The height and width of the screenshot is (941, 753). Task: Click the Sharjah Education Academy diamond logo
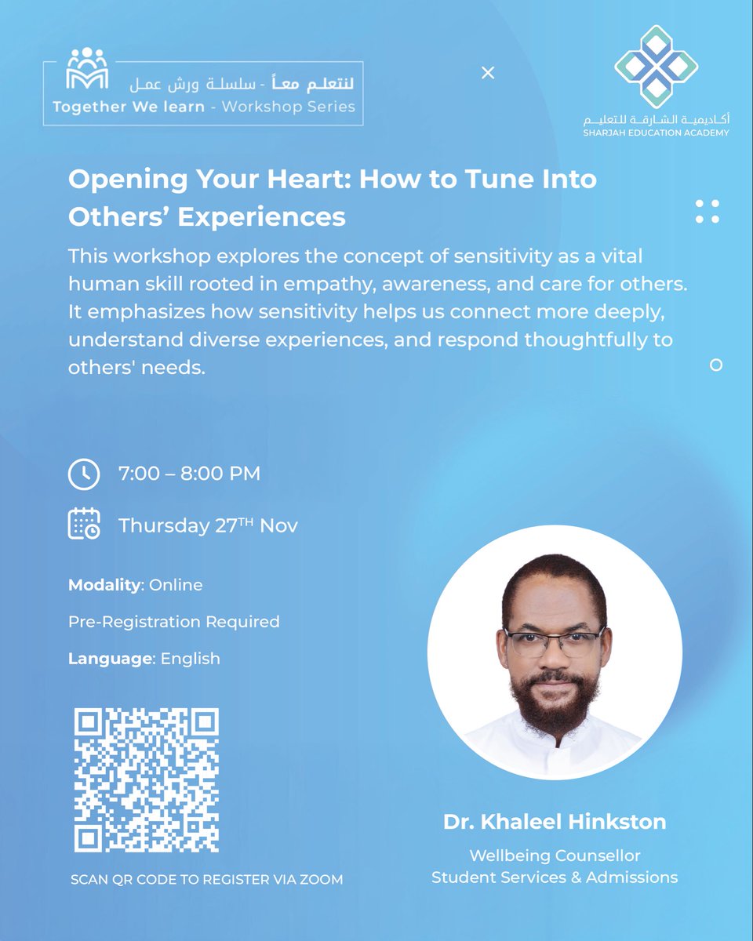point(656,67)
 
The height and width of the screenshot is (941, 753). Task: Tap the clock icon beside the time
point(84,474)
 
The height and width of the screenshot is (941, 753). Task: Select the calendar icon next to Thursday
point(84,525)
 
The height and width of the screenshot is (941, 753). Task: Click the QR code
point(146,780)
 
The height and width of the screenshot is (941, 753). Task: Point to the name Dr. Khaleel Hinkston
point(555,822)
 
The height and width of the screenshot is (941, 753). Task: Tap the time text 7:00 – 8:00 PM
point(189,474)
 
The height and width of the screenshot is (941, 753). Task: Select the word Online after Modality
point(176,585)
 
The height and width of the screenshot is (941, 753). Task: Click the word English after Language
point(190,659)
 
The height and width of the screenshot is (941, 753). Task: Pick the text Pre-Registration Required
point(173,622)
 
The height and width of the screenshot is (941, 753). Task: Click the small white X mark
point(488,73)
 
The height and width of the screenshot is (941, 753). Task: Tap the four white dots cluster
point(708,212)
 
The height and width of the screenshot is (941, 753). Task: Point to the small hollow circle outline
point(715,365)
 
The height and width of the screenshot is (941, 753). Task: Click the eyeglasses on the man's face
point(554,642)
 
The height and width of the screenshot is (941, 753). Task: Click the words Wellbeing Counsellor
point(555,855)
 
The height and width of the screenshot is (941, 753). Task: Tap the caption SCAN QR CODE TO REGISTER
point(206,880)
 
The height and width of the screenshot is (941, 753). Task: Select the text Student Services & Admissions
point(555,877)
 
